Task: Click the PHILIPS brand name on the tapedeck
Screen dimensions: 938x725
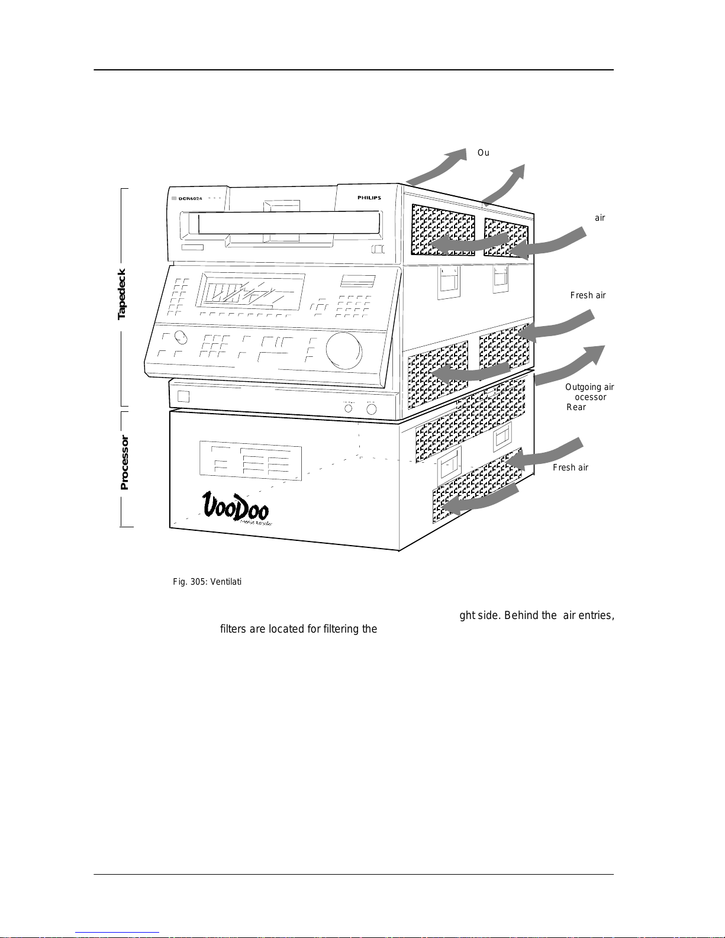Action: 369,198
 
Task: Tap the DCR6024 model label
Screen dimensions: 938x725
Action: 190,198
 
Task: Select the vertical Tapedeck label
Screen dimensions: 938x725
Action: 122,294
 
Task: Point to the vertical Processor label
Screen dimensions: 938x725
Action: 124,463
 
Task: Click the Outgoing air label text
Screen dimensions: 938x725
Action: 589,387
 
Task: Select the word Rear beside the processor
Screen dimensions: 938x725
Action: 576,407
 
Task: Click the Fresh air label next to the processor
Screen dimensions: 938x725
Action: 570,468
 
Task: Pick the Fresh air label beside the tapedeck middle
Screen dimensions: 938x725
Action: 588,295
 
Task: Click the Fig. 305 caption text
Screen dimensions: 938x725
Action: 207,582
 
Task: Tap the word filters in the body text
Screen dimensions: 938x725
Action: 233,628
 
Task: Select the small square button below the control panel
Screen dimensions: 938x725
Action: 183,396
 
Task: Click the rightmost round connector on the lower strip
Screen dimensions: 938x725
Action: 372,408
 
